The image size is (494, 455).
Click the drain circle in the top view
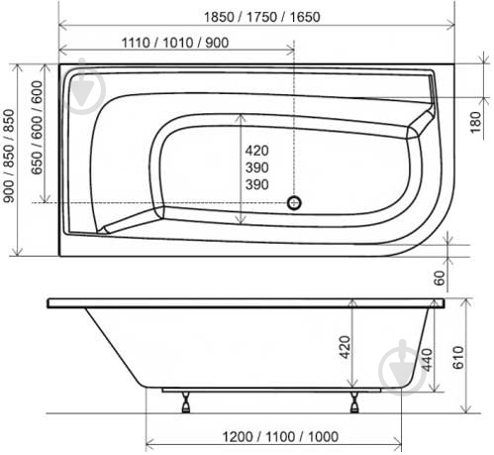(294, 202)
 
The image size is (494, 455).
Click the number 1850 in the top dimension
(219, 17)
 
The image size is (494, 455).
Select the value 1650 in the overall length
(305, 17)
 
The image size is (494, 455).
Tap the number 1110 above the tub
(137, 43)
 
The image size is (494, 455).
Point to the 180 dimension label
(475, 122)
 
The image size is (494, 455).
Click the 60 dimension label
(440, 278)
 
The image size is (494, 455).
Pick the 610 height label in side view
(458, 357)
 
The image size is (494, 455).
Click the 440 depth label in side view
(427, 360)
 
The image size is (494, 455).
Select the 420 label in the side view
(345, 347)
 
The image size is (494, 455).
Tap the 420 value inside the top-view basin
(257, 151)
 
